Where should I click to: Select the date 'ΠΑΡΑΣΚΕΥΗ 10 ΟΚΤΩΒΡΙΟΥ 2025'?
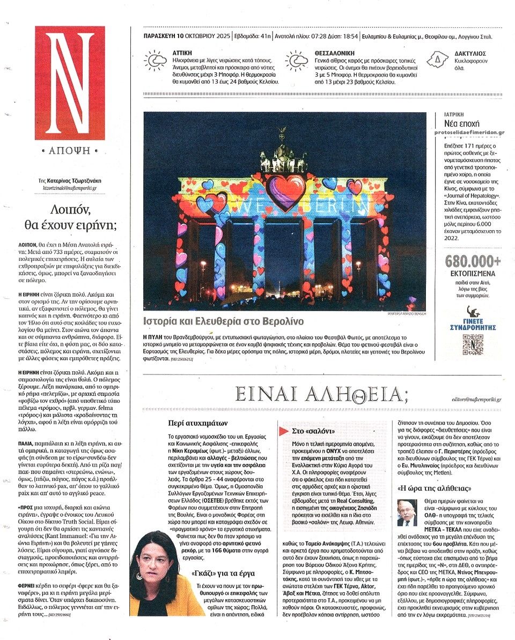187,37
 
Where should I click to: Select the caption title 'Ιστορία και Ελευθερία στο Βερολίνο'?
223,321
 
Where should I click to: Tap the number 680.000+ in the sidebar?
473,261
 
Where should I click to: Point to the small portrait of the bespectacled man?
407,512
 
